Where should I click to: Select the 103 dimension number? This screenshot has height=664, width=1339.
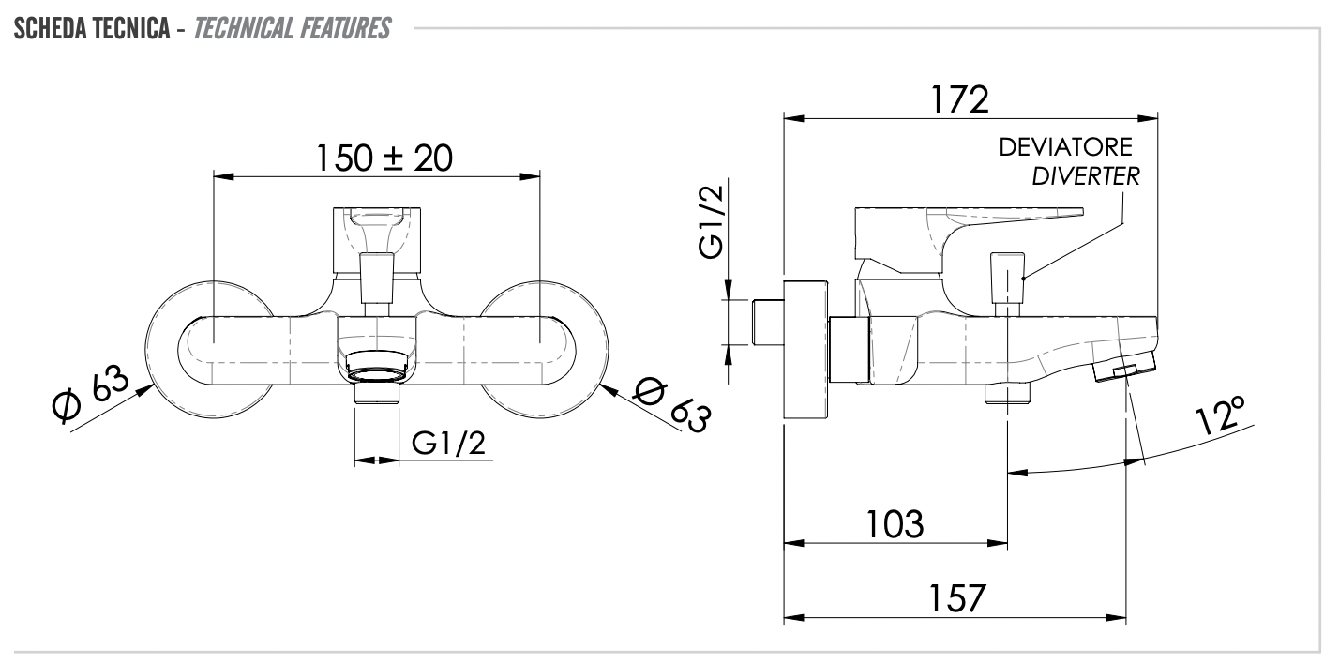[893, 523]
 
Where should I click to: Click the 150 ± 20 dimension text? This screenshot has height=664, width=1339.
[383, 158]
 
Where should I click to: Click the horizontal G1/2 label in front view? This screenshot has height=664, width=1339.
[449, 444]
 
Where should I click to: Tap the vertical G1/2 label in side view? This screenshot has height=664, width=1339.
[713, 221]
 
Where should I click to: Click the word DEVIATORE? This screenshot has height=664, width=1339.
[1065, 147]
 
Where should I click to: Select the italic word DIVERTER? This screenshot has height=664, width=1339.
[1086, 176]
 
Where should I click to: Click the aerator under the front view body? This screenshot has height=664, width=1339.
[377, 368]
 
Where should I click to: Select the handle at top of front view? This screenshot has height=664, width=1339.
[378, 240]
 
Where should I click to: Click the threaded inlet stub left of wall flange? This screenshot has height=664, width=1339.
[766, 322]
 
